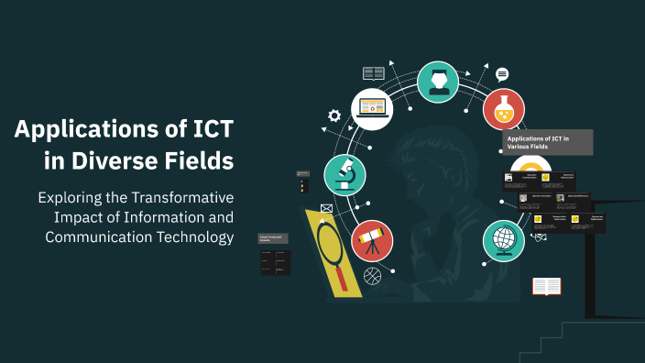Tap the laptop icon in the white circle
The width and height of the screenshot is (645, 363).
(x=373, y=106)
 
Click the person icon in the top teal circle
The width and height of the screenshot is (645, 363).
(x=438, y=81)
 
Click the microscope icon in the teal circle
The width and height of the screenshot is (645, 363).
(x=345, y=175)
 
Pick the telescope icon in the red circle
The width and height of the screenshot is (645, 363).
(x=372, y=240)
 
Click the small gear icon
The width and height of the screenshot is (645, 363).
(x=334, y=115)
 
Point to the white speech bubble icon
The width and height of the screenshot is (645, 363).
(x=502, y=74)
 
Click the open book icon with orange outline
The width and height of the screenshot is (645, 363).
(x=547, y=287)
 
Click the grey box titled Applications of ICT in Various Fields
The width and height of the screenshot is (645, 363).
(x=548, y=142)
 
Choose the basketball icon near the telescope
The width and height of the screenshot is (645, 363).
(x=371, y=275)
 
